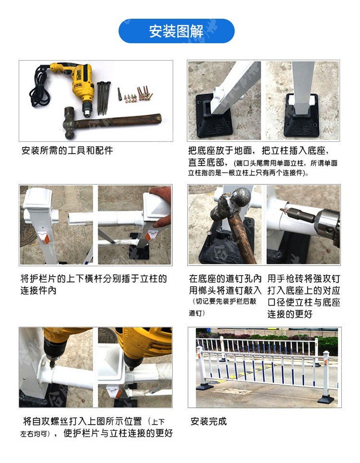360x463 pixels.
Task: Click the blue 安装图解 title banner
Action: tap(177, 31)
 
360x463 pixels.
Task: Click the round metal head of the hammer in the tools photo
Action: tap(70, 122)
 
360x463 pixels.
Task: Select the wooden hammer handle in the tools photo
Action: tap(118, 121)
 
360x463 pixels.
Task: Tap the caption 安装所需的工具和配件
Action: tap(67, 151)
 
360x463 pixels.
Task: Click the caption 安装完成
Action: tap(208, 421)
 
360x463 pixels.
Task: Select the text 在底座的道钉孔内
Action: tap(225, 279)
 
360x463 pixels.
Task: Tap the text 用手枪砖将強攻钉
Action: tap(304, 279)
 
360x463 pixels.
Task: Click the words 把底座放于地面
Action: tap(220, 151)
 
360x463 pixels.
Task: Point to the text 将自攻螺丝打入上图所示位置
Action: tap(83, 421)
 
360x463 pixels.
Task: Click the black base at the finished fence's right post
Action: tap(326, 399)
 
